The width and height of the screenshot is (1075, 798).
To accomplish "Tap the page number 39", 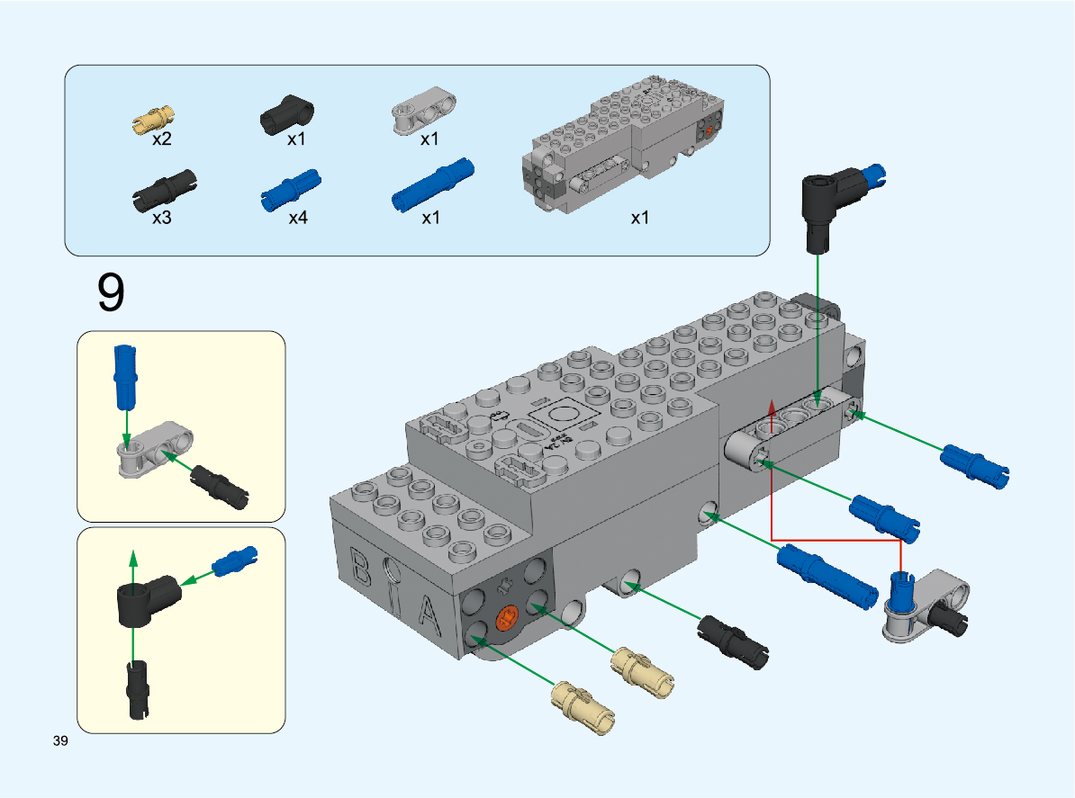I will coord(61,741).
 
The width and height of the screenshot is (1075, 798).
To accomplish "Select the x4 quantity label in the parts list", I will coord(298,218).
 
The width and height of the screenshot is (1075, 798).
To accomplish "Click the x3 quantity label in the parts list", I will coord(162,218).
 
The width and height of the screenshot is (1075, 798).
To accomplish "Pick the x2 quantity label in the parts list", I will coord(162,139).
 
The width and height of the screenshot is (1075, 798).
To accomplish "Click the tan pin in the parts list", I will coord(154,116).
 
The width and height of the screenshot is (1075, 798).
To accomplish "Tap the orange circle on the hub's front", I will coord(508,619).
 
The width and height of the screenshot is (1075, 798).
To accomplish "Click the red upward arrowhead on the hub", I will coord(772,408).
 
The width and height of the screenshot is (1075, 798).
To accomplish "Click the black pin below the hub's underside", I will coord(735,641).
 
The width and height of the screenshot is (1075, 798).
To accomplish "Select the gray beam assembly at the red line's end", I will coord(926,605).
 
